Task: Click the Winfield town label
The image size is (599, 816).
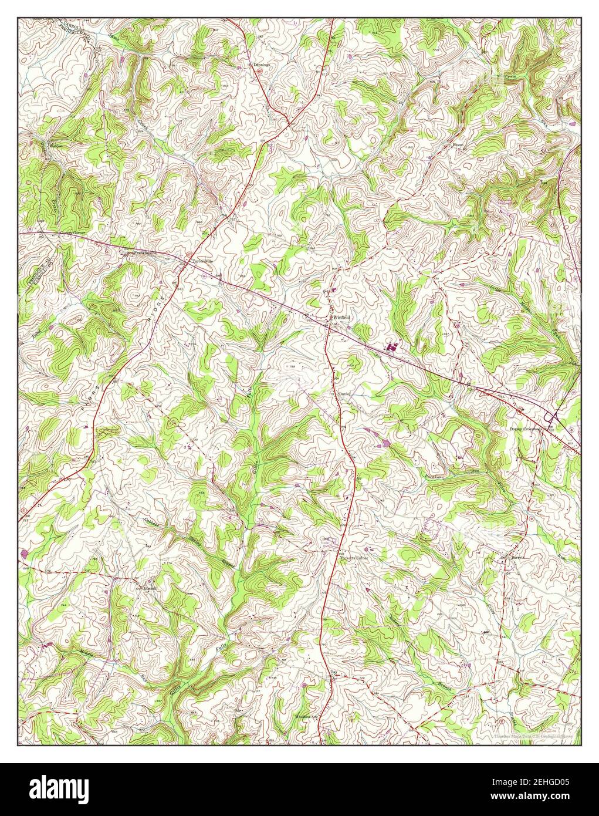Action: click(x=342, y=317)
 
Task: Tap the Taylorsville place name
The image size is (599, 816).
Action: click(x=198, y=261)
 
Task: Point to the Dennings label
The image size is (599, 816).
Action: click(x=260, y=65)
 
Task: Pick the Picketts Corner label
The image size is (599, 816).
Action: click(x=354, y=558)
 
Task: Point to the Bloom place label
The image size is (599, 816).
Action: click(x=458, y=144)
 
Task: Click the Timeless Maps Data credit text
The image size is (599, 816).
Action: click(x=533, y=735)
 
